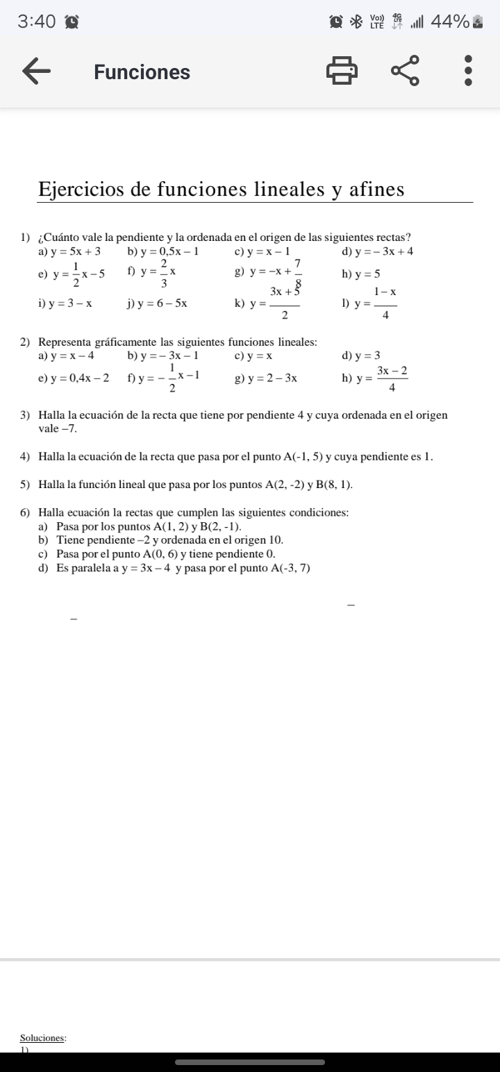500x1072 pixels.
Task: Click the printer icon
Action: click(342, 72)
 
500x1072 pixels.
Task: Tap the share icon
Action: click(406, 72)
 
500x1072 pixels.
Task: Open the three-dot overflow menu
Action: click(468, 72)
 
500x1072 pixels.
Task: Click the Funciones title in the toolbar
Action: click(142, 72)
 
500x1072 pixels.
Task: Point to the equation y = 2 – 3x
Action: click(272, 378)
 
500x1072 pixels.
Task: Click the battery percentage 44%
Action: click(450, 22)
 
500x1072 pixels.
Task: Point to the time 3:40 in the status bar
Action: click(37, 22)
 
